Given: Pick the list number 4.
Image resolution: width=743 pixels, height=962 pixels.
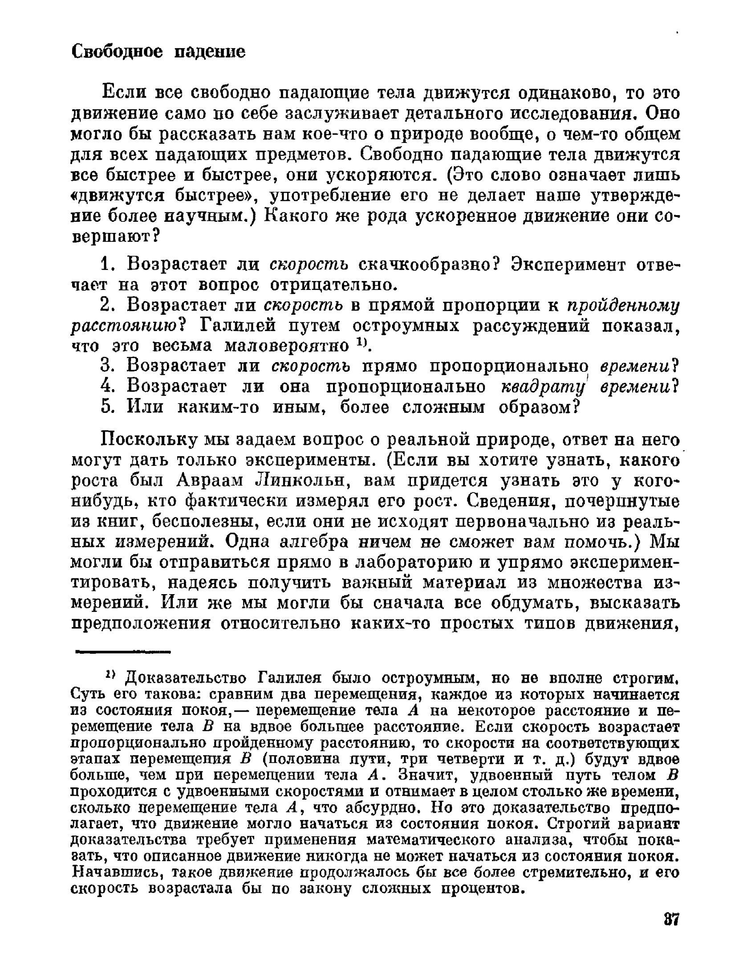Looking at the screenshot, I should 108,387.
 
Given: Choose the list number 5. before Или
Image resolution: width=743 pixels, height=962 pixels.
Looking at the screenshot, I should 108,407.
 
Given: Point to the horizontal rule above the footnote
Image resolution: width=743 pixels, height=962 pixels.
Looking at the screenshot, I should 123,652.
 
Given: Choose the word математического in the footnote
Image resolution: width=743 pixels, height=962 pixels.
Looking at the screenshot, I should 430,840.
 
